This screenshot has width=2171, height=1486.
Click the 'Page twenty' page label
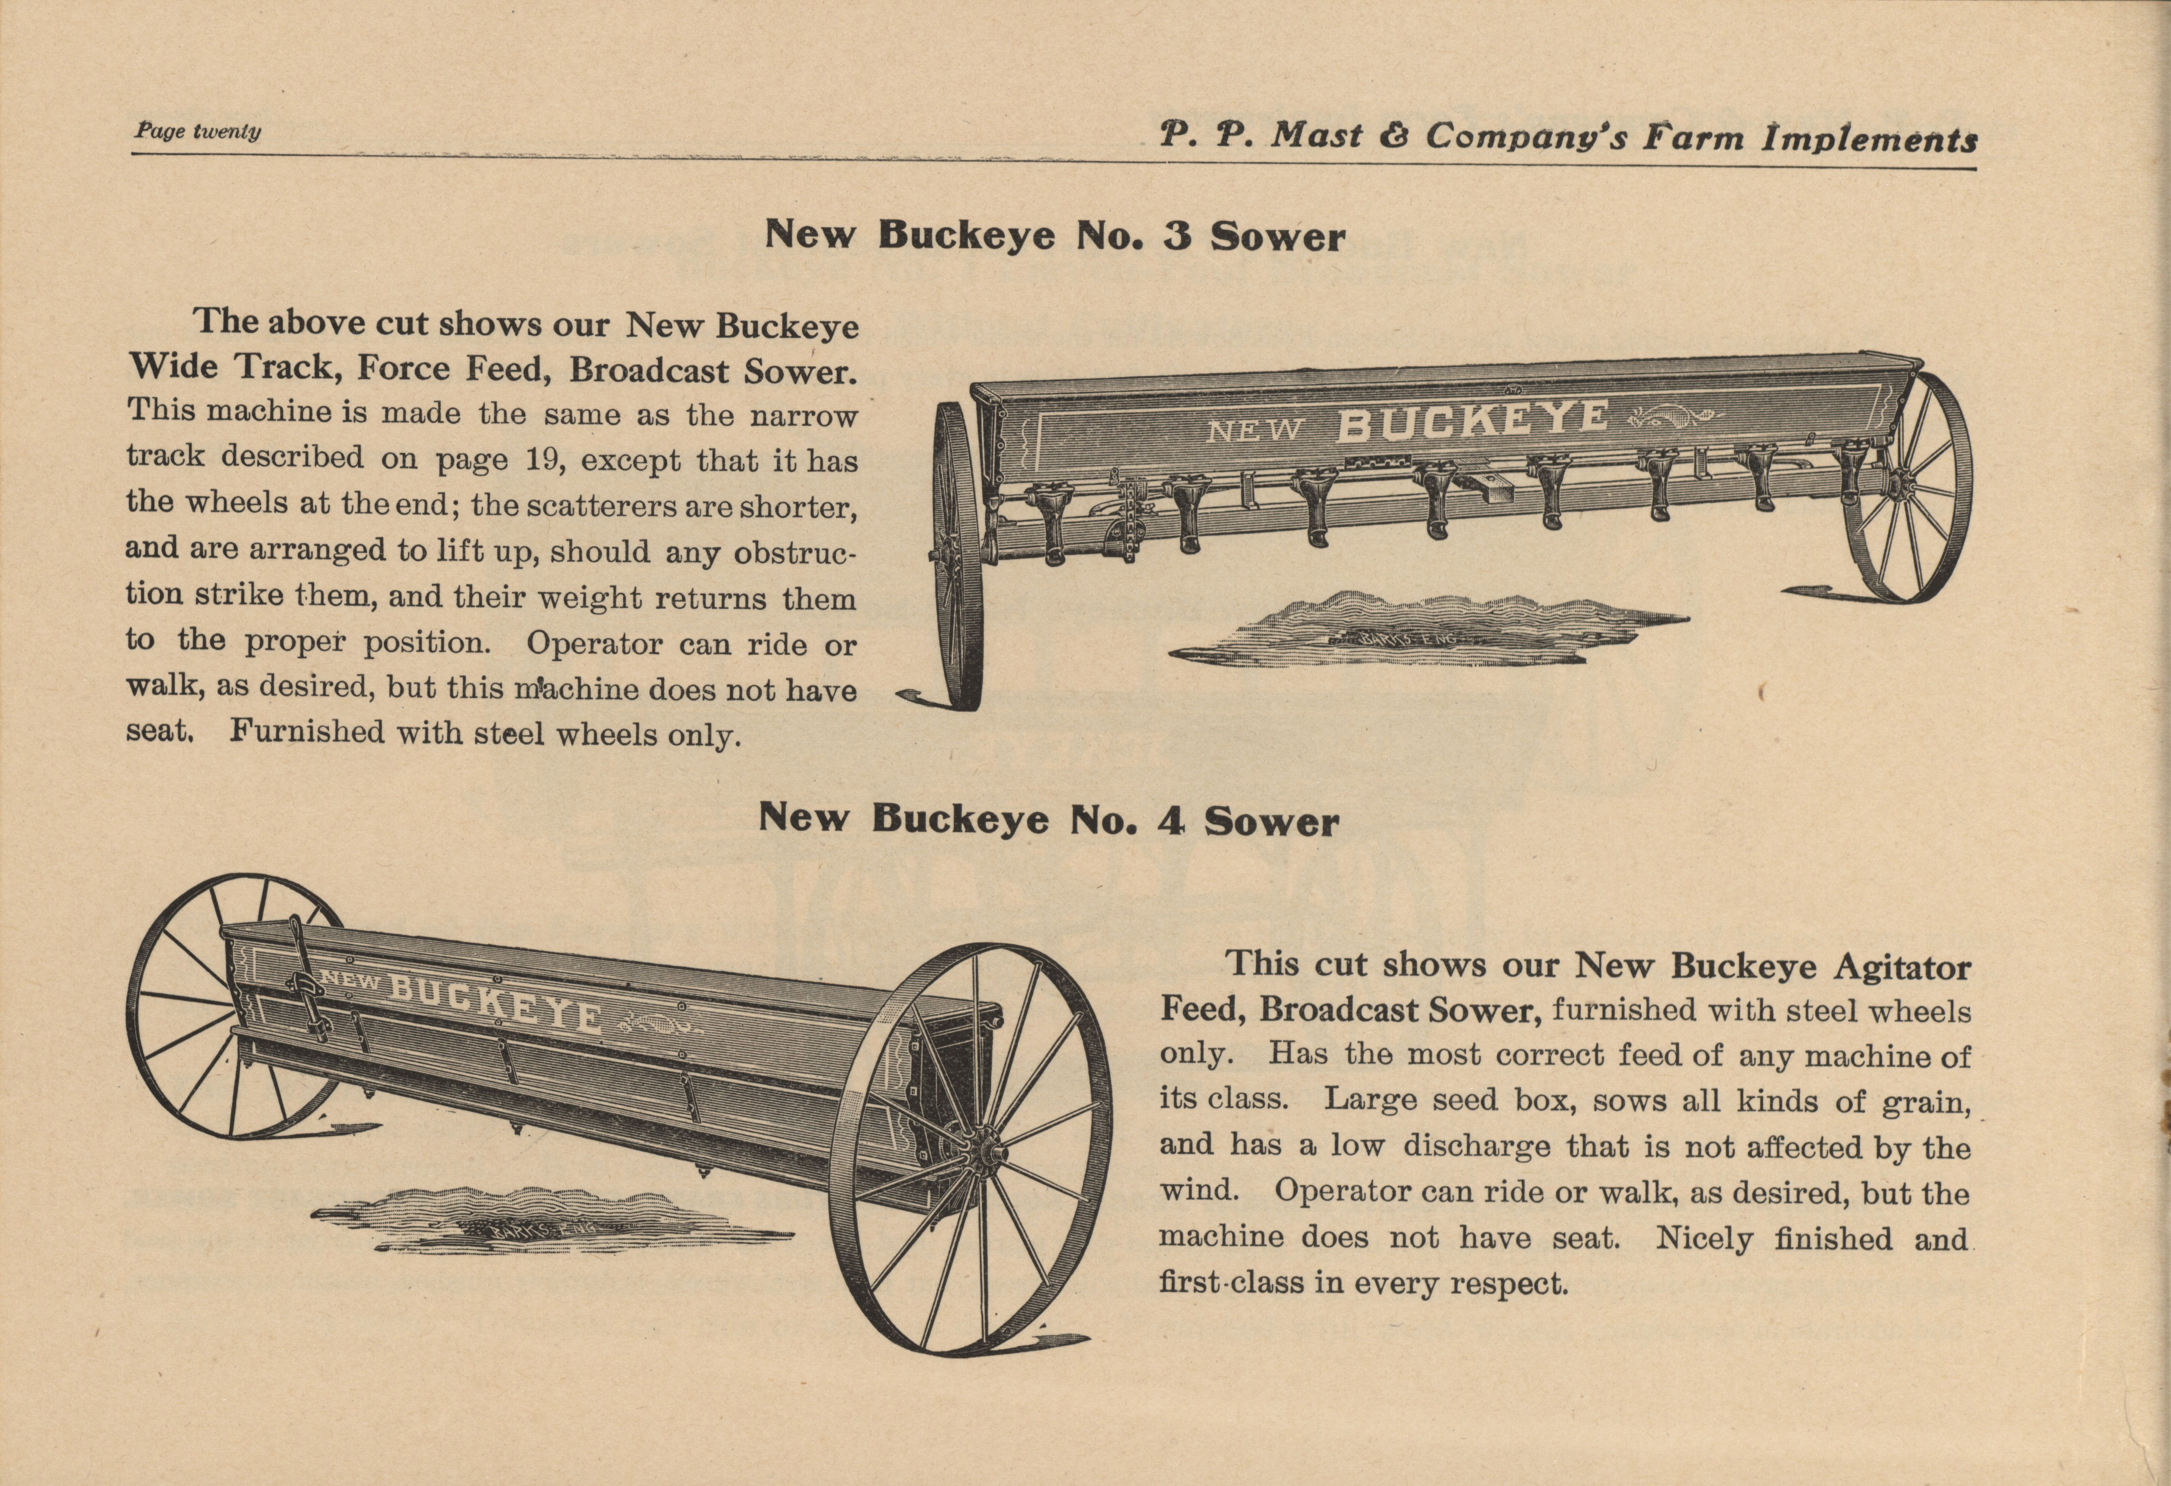197,132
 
